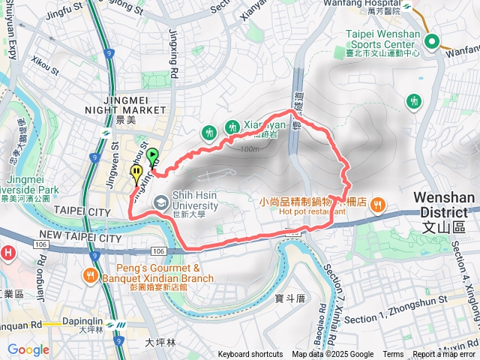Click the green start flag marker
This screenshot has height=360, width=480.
click(154, 157)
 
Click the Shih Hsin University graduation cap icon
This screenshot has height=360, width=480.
click(160, 202)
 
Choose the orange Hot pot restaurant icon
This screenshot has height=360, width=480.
click(379, 202)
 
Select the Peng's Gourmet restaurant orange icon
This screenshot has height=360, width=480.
click(91, 274)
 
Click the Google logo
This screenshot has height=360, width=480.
click(28, 349)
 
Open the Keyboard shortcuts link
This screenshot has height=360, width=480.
click(250, 355)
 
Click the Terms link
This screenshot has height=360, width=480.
click(393, 355)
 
